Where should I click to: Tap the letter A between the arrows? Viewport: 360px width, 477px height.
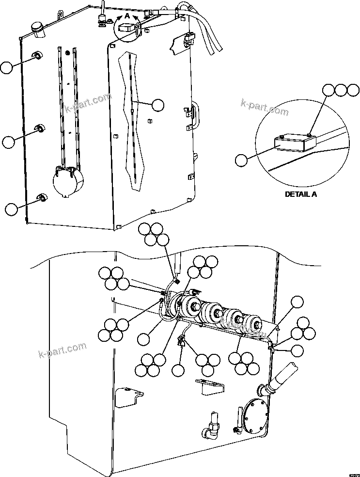pos(127,16)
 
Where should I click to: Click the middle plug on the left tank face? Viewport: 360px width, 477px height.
pos(40,129)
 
